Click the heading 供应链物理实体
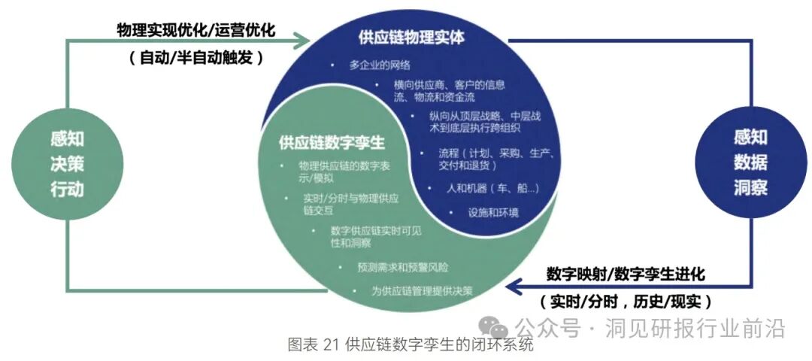[411, 37]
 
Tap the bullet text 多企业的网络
[380, 65]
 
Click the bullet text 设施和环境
[492, 212]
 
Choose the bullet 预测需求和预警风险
[404, 267]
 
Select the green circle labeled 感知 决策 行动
[67, 163]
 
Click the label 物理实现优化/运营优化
[196, 30]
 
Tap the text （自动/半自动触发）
[196, 57]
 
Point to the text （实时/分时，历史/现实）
[626, 302]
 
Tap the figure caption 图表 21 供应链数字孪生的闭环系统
[411, 345]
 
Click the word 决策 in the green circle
[67, 163]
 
